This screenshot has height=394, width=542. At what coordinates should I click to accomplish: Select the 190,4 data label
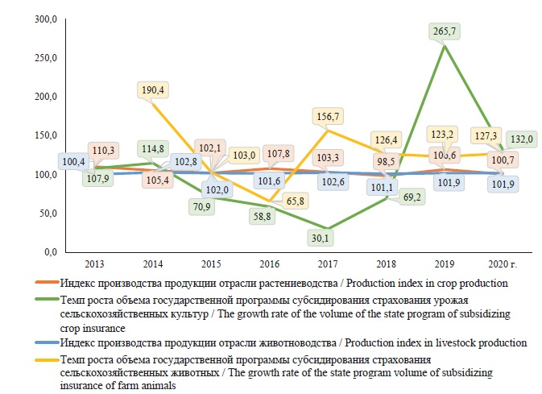point(152,89)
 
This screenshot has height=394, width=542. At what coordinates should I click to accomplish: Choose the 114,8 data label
point(153,148)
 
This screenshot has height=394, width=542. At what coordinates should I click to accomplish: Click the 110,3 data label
point(103,151)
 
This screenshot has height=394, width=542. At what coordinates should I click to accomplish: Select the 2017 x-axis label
point(327,263)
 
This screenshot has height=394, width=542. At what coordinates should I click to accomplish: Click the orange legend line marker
point(52,282)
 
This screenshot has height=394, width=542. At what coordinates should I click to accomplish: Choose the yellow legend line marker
point(52,359)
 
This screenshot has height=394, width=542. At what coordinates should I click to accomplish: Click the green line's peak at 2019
point(445,46)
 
